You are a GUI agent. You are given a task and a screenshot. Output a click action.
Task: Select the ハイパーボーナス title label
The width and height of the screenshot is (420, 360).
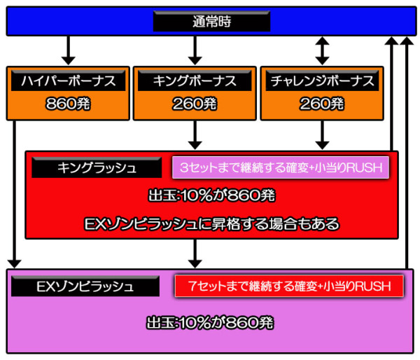click(x=69, y=81)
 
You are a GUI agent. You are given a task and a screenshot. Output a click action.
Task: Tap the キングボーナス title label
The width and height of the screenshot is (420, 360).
click(x=195, y=81)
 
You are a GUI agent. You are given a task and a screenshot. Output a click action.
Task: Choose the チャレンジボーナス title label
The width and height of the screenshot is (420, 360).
click(x=321, y=81)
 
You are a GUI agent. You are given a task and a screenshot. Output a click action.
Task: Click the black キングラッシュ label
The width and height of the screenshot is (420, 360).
click(x=97, y=168)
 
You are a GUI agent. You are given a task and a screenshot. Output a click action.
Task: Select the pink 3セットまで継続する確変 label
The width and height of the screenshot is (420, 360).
click(x=281, y=168)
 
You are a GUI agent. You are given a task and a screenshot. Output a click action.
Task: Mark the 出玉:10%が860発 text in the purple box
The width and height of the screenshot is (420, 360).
click(x=210, y=323)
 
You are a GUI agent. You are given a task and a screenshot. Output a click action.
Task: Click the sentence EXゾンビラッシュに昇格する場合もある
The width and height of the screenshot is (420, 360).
click(x=211, y=223)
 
